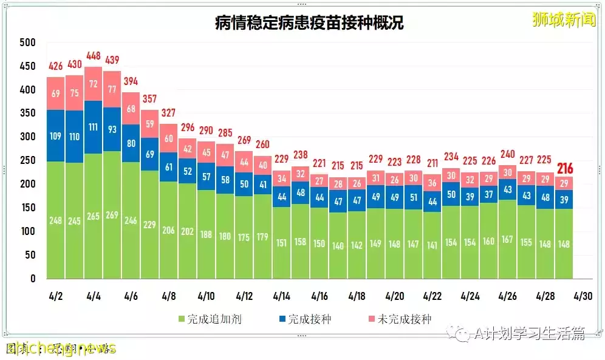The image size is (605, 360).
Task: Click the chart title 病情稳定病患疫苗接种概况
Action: [309, 23]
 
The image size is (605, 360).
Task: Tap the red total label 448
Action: [93, 56]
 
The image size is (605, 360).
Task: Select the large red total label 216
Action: [565, 169]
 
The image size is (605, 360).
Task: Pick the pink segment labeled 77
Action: [112, 88]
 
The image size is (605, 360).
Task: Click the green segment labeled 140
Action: [338, 245]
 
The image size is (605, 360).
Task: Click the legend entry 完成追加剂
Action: [209, 319]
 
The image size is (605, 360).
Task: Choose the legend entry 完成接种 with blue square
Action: [304, 319]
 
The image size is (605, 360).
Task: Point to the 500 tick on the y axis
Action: [28, 43]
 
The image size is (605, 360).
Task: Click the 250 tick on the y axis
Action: [28, 161]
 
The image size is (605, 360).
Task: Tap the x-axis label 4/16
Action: [320, 297]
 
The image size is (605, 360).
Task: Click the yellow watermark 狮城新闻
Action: [555, 19]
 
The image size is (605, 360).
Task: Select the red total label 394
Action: [131, 81]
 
